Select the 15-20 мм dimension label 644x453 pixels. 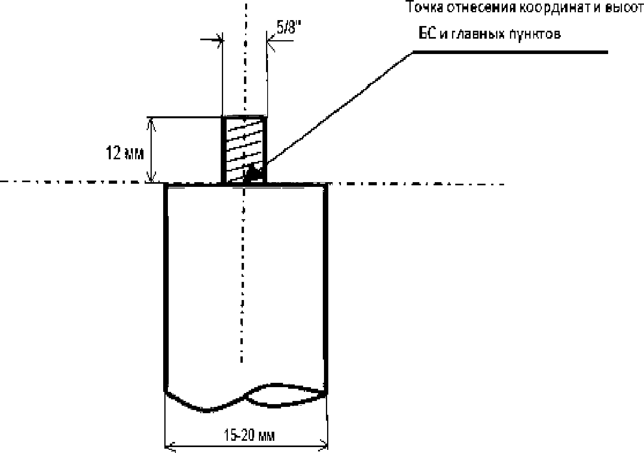click(x=249, y=435)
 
